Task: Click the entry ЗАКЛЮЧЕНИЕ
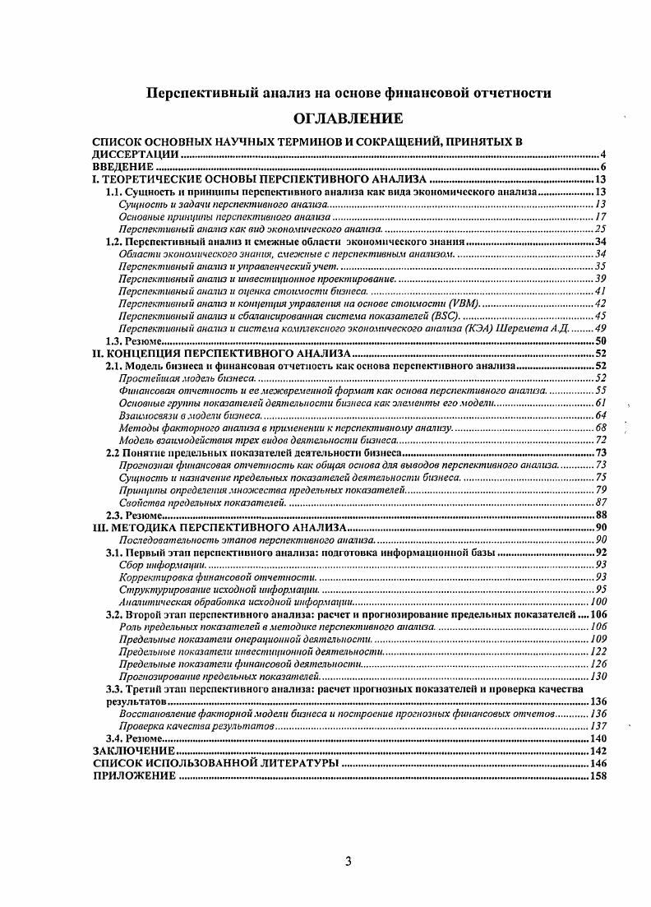coord(133,751)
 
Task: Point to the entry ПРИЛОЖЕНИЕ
coord(134,777)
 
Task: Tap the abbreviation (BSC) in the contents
coord(446,316)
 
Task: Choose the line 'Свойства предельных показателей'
coord(201,502)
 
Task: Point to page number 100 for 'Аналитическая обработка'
coord(598,602)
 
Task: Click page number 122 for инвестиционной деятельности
coord(598,651)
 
